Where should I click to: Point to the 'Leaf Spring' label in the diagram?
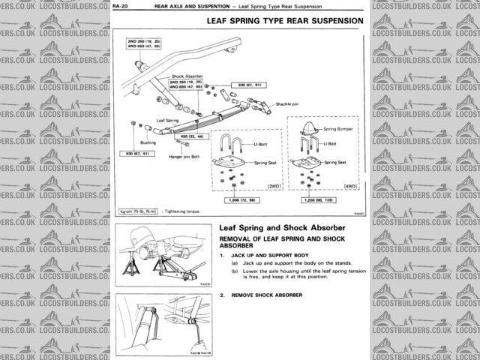pos(167,119)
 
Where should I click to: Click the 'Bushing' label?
pos(147,141)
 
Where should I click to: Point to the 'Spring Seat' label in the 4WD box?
pos(334,162)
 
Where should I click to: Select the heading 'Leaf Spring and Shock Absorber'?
pos(281,227)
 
